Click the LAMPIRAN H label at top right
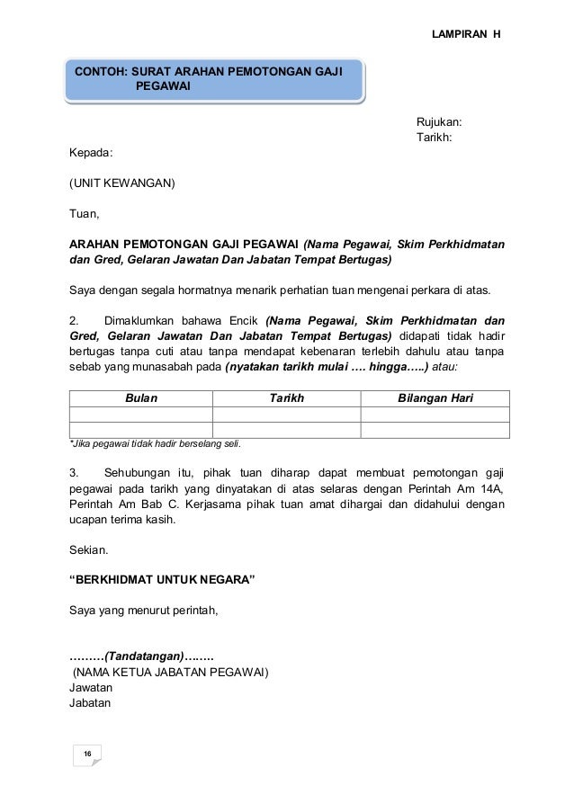click(467, 33)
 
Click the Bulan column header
click(140, 398)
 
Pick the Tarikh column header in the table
click(287, 398)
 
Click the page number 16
click(87, 753)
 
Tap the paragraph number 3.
click(75, 472)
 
